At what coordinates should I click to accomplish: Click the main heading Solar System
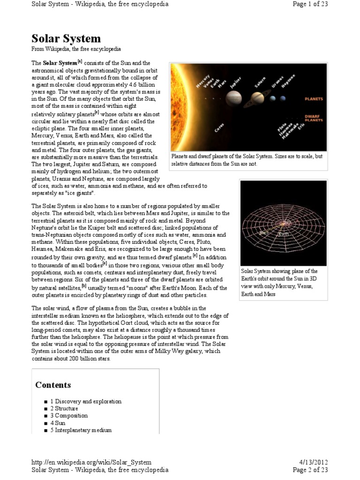point(66,38)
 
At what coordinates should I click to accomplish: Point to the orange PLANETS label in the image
point(314,99)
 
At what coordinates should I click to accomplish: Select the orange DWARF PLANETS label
point(314,118)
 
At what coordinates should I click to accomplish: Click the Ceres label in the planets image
point(219,127)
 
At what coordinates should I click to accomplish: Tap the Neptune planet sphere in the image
point(284,98)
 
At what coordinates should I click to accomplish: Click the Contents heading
point(53,385)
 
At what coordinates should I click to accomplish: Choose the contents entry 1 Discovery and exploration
point(86,401)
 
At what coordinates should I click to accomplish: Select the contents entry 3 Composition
point(69,415)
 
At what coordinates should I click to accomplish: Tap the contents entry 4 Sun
point(58,423)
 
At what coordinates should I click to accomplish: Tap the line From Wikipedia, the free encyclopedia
point(76,49)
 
